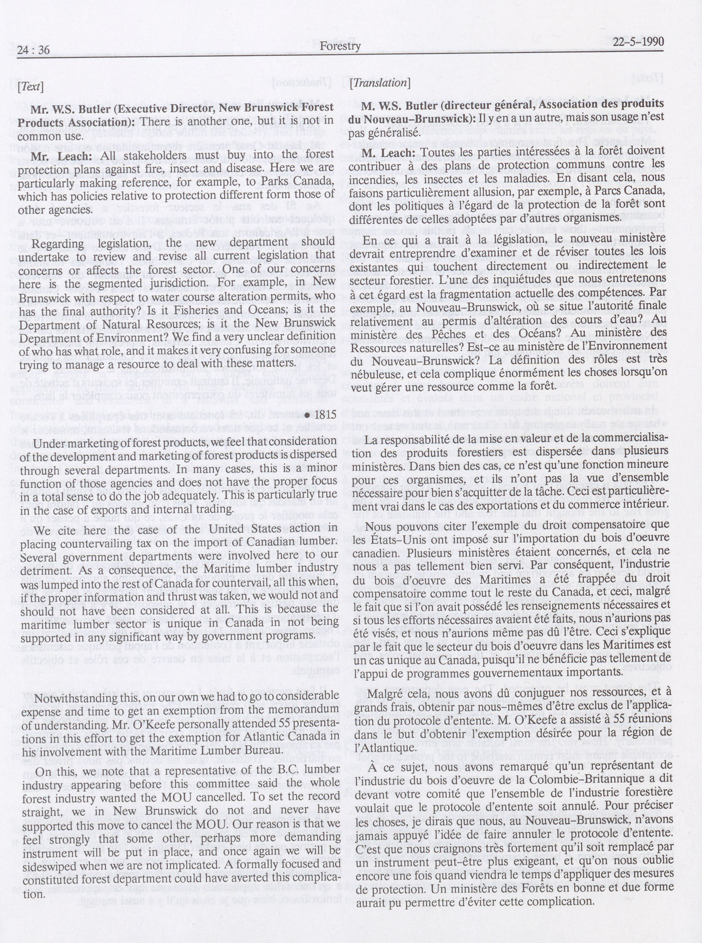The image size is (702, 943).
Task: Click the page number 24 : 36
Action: coord(34,50)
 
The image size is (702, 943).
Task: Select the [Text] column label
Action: coord(30,87)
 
